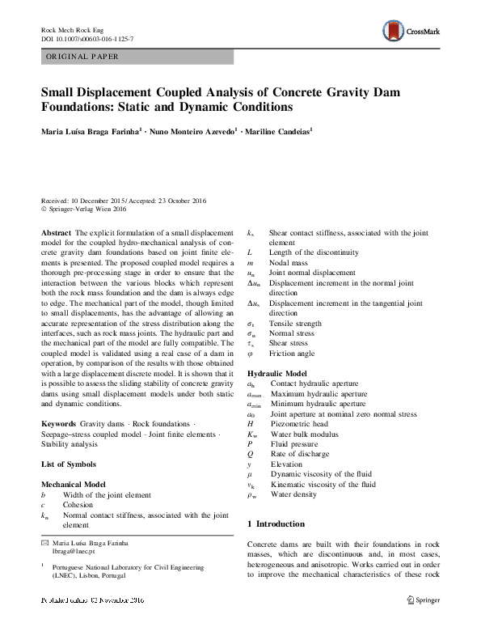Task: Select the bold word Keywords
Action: click(58, 424)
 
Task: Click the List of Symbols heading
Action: click(69, 464)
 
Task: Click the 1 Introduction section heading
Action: click(276, 524)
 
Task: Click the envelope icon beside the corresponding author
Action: click(44, 541)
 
